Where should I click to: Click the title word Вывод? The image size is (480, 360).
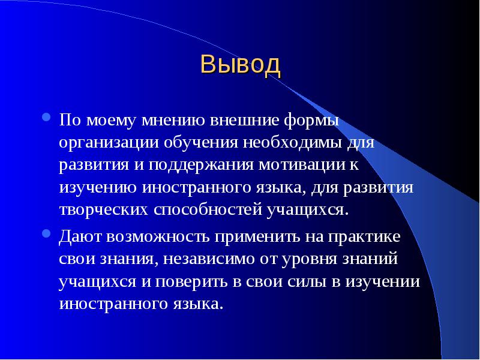point(241,65)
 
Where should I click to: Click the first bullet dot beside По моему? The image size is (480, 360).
point(46,117)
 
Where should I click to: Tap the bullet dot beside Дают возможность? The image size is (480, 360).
point(46,233)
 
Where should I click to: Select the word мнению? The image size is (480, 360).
point(173,121)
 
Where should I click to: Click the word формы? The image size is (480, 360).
point(311,121)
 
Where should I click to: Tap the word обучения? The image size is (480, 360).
point(200,143)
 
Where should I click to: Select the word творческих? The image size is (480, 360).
point(103,210)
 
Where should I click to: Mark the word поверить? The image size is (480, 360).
point(191,282)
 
